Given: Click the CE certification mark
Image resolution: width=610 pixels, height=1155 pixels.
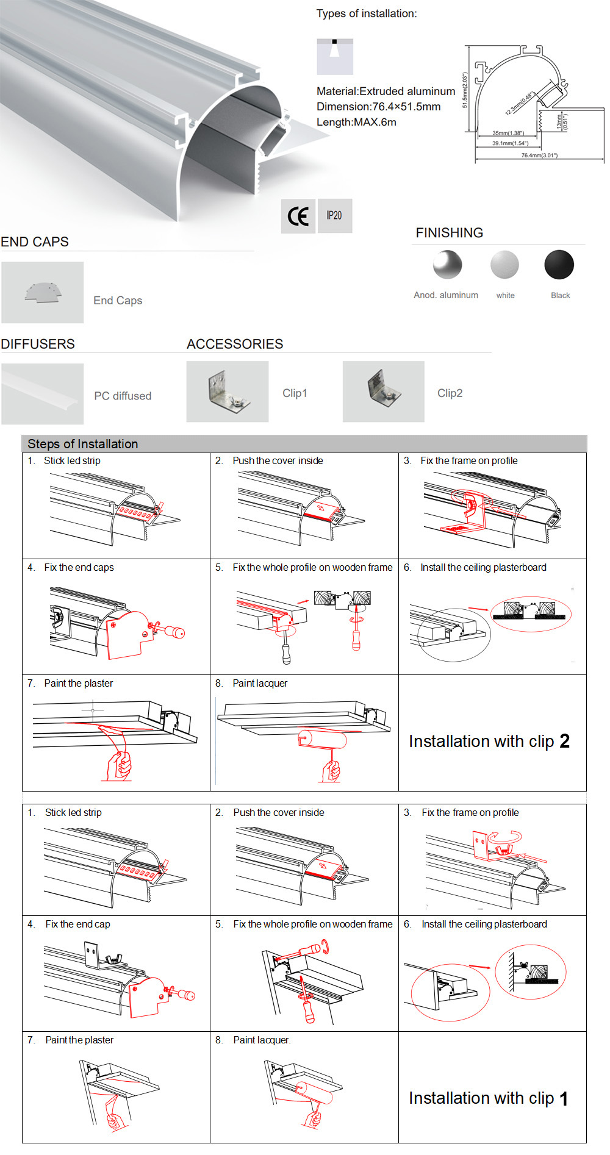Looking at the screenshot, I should (x=298, y=216).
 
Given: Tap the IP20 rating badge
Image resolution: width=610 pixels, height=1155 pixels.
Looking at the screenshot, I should (x=334, y=216).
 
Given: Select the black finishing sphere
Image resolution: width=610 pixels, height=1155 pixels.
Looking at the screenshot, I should (x=559, y=265).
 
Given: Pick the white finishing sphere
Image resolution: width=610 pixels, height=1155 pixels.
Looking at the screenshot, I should (x=504, y=265).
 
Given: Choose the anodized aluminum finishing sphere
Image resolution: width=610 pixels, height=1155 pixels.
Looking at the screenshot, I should (x=447, y=265).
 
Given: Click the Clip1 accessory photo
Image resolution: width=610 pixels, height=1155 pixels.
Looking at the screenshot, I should (x=227, y=392).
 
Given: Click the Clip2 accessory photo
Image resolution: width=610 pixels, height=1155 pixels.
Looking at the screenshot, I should (x=383, y=392).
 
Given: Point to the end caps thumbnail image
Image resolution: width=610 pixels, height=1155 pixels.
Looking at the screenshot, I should (x=43, y=293).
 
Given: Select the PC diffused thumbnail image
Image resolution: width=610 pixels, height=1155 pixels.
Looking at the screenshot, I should (x=43, y=394).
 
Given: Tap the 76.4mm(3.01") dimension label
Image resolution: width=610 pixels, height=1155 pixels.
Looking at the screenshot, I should (x=539, y=156).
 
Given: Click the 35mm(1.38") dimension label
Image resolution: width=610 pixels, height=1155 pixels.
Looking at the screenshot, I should (x=508, y=133).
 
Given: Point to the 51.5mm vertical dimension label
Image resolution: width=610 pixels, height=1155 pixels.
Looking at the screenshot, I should (x=465, y=90).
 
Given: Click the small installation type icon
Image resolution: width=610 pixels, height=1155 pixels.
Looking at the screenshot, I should (x=334, y=56).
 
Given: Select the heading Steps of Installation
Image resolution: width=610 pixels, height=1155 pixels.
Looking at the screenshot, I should (x=83, y=444).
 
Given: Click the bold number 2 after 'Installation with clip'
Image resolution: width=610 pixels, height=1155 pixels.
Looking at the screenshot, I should (x=564, y=741).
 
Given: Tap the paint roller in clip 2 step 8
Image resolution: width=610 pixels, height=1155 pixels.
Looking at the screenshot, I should (x=322, y=740).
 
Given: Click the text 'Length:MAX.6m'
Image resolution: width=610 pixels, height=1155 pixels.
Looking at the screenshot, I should (x=356, y=122).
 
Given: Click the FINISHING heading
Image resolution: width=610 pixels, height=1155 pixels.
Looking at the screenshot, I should (x=449, y=233).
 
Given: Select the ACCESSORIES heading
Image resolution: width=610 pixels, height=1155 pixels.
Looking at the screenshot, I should (x=235, y=344).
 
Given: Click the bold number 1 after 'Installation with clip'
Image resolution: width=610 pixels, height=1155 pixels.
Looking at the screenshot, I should (x=564, y=1099).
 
